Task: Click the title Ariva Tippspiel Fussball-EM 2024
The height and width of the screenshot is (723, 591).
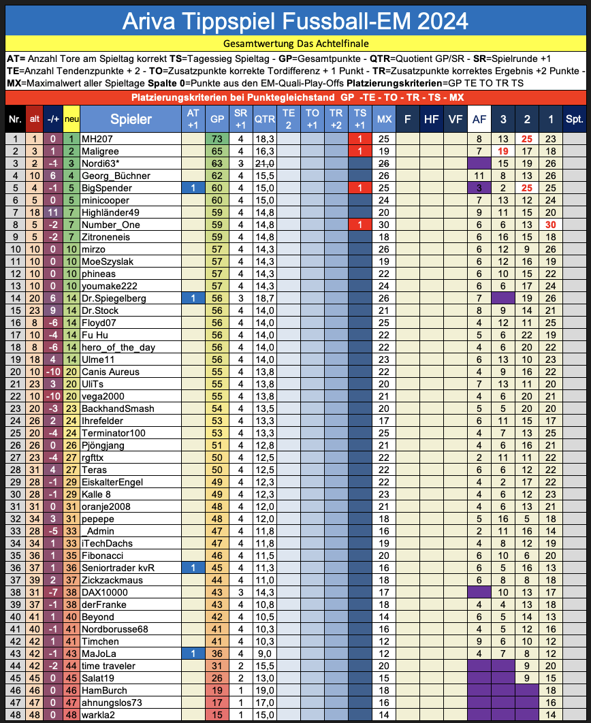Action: point(295,21)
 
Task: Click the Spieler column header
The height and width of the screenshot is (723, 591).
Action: point(131,119)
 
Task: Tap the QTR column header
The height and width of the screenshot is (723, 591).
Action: point(264,119)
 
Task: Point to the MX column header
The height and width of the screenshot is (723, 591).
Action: point(383,119)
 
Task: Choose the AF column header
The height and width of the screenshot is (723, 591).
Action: point(479,119)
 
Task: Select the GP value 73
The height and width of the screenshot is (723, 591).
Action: point(217,138)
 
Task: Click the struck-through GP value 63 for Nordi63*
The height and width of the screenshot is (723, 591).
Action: point(217,163)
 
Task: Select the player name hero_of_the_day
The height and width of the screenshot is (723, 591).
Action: point(118,347)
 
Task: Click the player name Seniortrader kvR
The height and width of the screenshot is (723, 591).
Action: point(118,568)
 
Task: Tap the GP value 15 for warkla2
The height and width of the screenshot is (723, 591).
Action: point(217,715)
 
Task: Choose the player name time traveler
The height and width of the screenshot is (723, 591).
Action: point(108,666)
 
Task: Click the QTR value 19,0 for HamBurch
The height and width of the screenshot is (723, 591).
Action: point(264,690)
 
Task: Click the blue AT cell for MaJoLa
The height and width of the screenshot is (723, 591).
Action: point(193,654)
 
